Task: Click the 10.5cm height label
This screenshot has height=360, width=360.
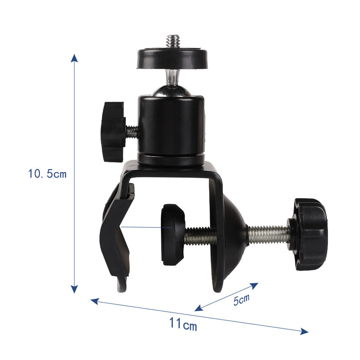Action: pos(47,174)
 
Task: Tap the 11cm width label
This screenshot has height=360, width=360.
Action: pos(183,324)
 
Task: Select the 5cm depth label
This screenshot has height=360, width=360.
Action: pos(241,300)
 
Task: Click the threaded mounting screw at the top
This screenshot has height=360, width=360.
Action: pos(173,41)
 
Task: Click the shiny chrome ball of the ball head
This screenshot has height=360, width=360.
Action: pos(172,90)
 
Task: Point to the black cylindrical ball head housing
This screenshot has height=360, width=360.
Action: pos(171,130)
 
